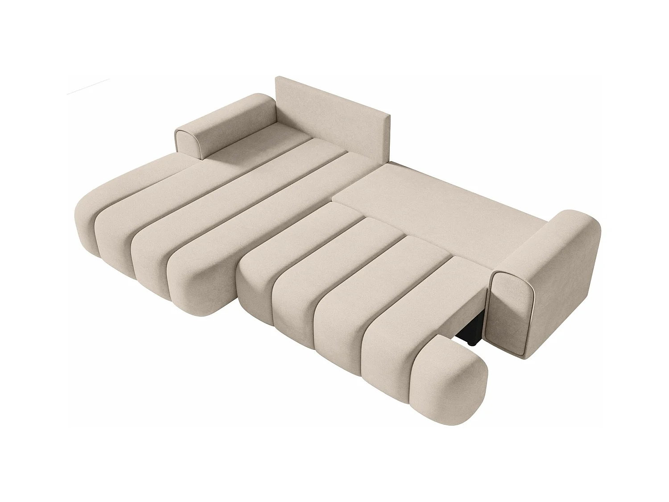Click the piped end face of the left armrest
tap(190, 144)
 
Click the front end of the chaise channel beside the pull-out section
tap(192, 286)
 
